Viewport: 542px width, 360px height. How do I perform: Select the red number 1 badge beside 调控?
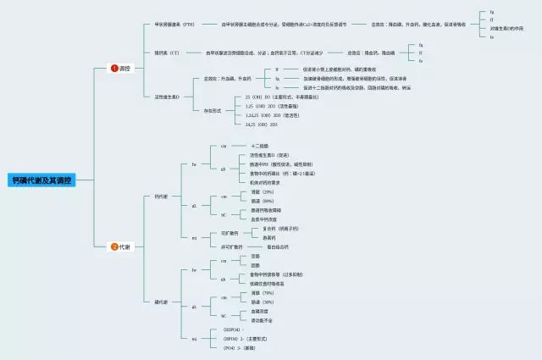coord(114,68)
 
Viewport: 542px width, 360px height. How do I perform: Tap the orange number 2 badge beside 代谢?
coord(114,246)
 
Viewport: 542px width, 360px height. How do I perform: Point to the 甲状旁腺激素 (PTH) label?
coord(174,25)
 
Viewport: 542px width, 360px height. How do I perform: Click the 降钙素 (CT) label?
coord(167,53)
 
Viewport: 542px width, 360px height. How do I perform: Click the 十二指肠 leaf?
coord(260,147)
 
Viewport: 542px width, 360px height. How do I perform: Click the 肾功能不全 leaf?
coord(262,320)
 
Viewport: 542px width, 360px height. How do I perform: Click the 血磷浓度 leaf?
coord(260,311)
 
